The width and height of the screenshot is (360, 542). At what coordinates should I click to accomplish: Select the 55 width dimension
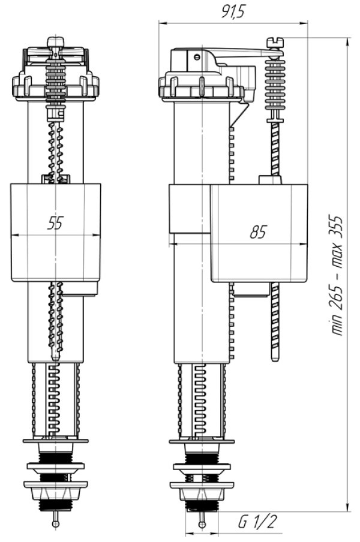coord(55,223)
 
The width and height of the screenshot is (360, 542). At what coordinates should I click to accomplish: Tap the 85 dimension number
coord(258,232)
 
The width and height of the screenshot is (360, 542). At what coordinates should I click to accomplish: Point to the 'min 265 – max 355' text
coord(336,275)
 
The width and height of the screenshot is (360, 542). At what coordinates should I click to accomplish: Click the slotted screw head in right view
coord(275,43)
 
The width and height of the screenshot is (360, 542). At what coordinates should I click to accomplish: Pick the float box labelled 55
coord(56,232)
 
